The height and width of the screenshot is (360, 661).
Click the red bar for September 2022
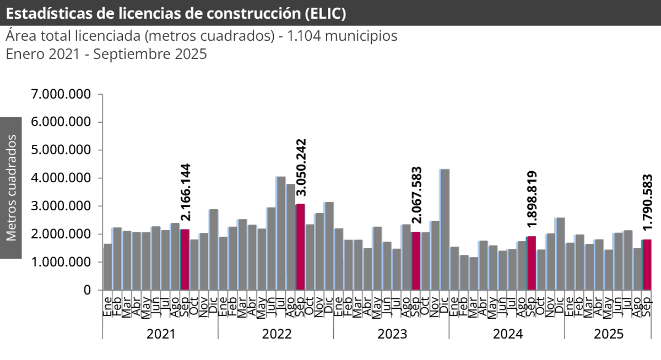(300, 247)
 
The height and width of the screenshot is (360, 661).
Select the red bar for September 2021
(185, 259)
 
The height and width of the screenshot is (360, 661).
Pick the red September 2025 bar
(647, 265)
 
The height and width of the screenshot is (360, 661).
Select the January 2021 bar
(108, 267)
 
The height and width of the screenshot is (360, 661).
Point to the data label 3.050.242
(301, 167)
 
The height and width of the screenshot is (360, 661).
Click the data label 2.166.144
(186, 192)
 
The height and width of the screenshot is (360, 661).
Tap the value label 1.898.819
(532, 199)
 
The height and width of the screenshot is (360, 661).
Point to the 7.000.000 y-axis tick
(61, 94)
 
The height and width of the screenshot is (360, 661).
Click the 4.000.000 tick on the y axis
(61, 178)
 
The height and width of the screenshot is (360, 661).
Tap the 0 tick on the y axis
(86, 290)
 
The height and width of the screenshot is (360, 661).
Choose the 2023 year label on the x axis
(391, 334)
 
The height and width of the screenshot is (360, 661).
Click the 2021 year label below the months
(160, 334)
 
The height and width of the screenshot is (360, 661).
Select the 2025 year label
(608, 334)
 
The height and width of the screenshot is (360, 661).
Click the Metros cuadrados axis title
(11, 188)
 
